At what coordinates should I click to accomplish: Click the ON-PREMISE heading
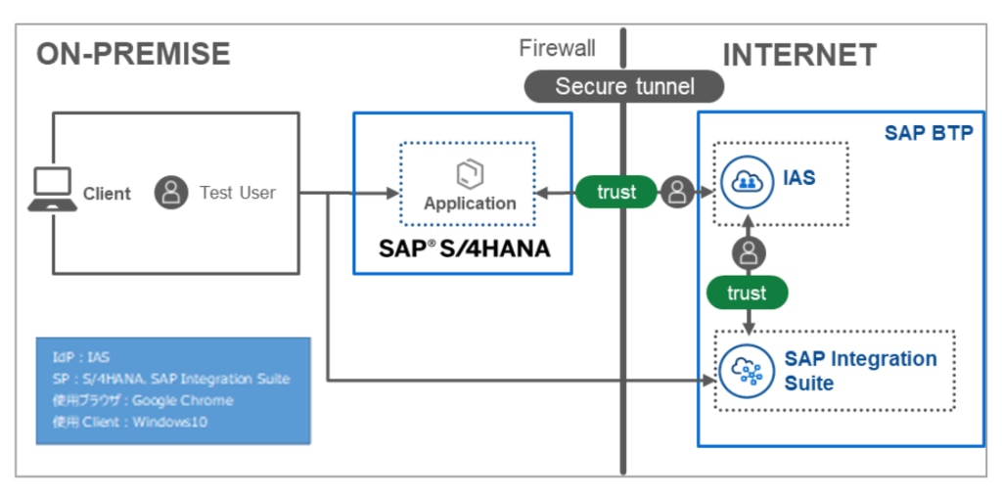click(x=133, y=53)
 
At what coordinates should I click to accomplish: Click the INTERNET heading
click(x=799, y=55)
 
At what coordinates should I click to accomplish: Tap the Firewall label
click(x=557, y=48)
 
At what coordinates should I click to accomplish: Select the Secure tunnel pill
click(x=624, y=86)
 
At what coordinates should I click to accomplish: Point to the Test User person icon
click(x=171, y=193)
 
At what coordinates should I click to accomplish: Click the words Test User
click(x=238, y=193)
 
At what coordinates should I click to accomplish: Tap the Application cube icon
click(x=470, y=174)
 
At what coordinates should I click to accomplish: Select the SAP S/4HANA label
click(x=464, y=248)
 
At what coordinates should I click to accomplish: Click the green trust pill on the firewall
click(x=616, y=192)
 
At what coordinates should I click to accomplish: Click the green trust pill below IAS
click(x=747, y=293)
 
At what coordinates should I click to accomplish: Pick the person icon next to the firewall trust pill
click(x=676, y=192)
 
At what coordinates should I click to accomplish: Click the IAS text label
click(x=799, y=179)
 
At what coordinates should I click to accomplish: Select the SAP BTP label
click(x=929, y=132)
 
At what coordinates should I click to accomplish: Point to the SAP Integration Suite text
click(x=859, y=371)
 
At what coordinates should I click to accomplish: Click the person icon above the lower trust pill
click(x=749, y=253)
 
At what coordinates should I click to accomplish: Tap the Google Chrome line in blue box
click(x=143, y=400)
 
